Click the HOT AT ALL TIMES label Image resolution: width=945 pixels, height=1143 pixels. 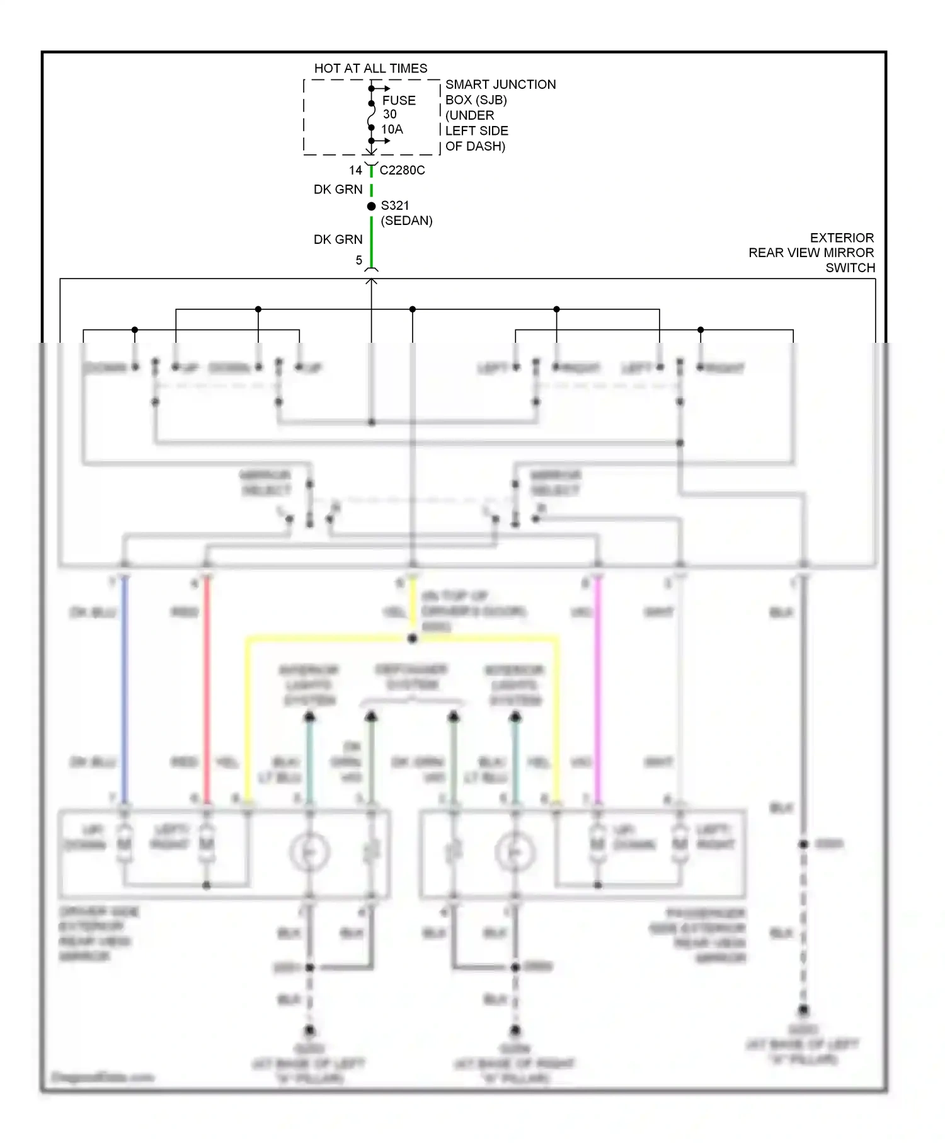(370, 68)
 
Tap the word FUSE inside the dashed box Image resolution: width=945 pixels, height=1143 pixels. (399, 100)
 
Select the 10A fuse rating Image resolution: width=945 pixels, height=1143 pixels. (392, 129)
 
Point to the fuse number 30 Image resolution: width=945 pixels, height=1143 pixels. (390, 115)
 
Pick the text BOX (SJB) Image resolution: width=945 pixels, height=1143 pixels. (476, 100)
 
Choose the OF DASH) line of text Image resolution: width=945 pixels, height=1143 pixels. (475, 146)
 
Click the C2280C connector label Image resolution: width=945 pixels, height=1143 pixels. (402, 170)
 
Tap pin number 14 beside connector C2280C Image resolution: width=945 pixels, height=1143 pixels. (355, 170)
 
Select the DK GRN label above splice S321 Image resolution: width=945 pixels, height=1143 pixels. (338, 190)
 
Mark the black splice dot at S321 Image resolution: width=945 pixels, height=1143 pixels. (372, 206)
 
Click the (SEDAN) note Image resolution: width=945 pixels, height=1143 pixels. (406, 221)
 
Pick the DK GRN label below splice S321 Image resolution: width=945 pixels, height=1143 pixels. (338, 239)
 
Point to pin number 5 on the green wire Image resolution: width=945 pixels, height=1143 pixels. (359, 260)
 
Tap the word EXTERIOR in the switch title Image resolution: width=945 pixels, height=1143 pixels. (842, 238)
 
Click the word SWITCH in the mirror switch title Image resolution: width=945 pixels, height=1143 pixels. (850, 268)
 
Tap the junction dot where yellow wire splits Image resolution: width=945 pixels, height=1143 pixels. (413, 639)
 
